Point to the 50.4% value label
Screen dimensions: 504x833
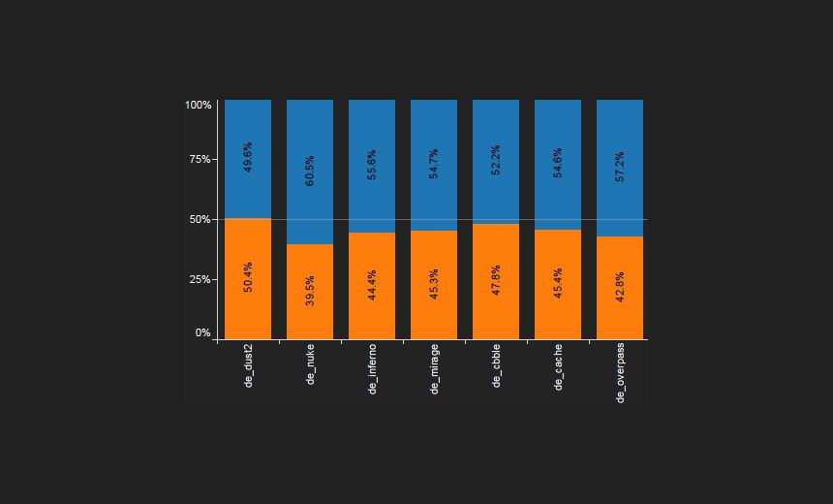pyautogui.click(x=248, y=277)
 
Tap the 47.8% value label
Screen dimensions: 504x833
pyautogui.click(x=496, y=279)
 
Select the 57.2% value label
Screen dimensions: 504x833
pyautogui.click(x=620, y=166)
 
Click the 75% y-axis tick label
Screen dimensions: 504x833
pyautogui.click(x=201, y=160)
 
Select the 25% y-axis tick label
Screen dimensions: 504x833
pyautogui.click(x=201, y=279)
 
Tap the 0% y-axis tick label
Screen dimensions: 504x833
pyautogui.click(x=203, y=332)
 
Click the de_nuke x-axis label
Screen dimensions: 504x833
pyautogui.click(x=311, y=365)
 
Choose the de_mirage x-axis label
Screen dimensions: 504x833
pyautogui.click(x=434, y=369)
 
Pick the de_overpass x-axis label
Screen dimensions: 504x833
pyautogui.click(x=621, y=373)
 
